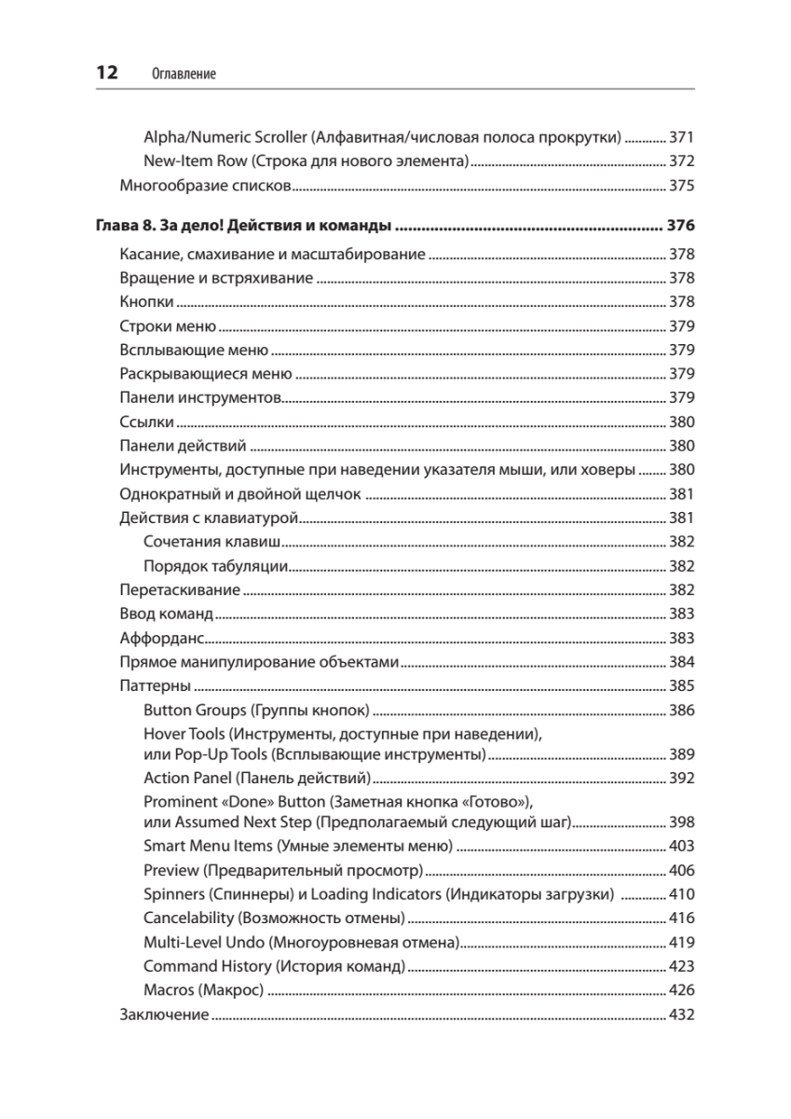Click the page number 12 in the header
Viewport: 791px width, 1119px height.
[105, 73]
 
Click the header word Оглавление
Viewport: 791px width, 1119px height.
[183, 74]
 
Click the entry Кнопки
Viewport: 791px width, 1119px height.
[147, 302]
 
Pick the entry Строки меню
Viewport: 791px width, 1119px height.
[168, 326]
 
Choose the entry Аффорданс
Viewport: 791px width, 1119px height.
[161, 639]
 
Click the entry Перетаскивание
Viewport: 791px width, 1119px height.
[180, 590]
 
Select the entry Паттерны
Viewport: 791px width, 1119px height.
[155, 686]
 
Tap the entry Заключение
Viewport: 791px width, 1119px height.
[164, 1015]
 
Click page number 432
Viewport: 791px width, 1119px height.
[682, 1015]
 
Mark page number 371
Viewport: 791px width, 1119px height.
[682, 136]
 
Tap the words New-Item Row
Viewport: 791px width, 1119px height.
[193, 160]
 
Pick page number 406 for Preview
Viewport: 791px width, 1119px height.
[682, 870]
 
